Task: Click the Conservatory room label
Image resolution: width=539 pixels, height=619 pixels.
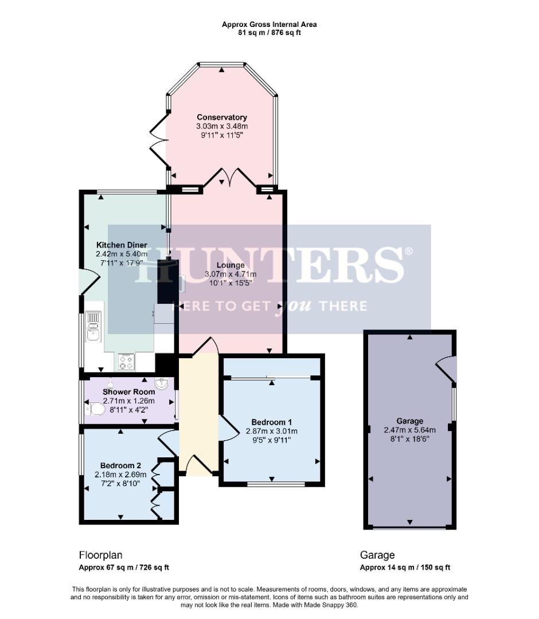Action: point(221,117)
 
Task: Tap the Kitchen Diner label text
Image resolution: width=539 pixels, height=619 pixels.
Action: point(122,245)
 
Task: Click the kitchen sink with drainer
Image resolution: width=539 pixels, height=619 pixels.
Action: point(92,325)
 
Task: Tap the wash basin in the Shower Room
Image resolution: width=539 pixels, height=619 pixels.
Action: point(162,382)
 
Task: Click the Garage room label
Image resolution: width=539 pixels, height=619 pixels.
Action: point(409,420)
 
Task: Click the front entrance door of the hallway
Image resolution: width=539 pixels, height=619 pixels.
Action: point(197,465)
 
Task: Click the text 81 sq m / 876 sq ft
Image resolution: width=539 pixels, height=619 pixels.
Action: point(269,33)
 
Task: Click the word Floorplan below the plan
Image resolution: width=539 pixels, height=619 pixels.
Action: point(100,555)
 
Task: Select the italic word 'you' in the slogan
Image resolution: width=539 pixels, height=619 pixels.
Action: point(292,306)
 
